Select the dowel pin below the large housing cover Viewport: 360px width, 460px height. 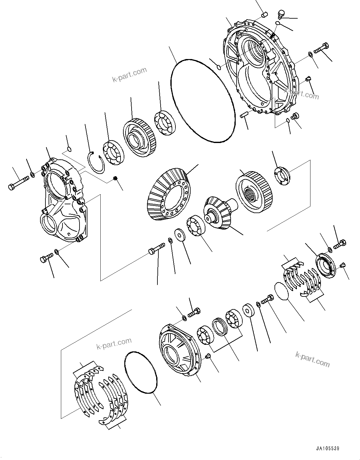click(243, 114)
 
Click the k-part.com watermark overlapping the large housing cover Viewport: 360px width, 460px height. click(301, 93)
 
